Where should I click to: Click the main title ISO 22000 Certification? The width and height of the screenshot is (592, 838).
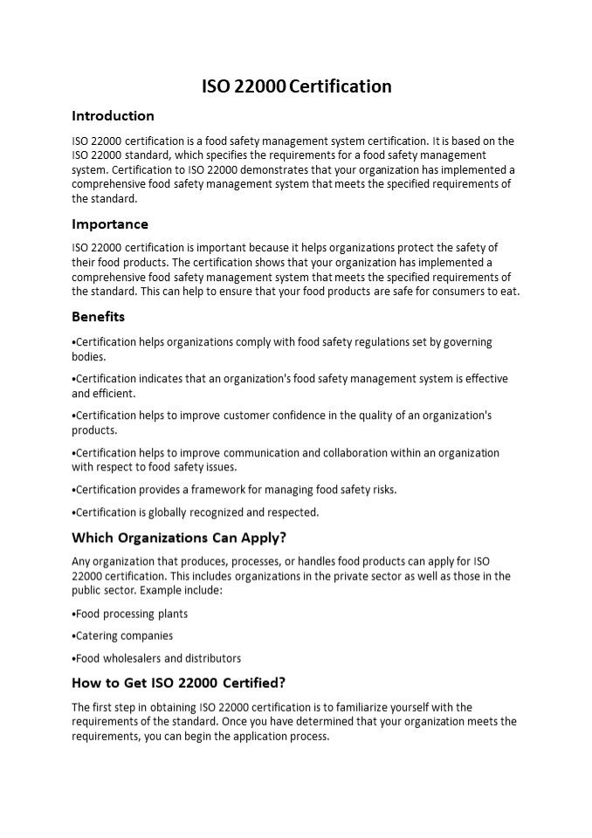point(296,86)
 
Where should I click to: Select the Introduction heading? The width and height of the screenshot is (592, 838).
point(113,116)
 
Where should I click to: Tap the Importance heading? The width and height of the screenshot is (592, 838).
point(110,224)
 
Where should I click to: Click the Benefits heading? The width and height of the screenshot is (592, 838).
point(98,317)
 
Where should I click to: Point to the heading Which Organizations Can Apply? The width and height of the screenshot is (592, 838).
point(179,537)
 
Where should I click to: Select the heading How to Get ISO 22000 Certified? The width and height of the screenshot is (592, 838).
point(178,683)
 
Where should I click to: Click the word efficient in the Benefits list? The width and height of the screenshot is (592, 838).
point(115,394)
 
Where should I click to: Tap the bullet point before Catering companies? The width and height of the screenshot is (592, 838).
point(73,636)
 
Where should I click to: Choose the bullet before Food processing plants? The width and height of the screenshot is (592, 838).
point(73,615)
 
